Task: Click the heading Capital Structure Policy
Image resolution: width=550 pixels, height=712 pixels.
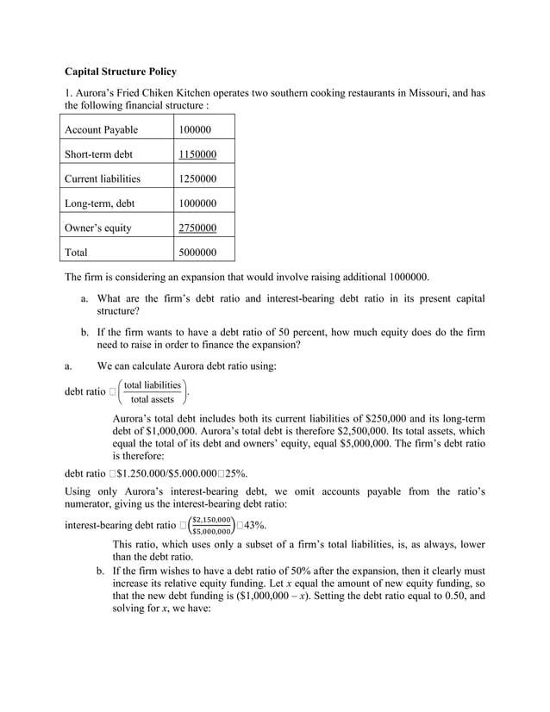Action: pos(121,71)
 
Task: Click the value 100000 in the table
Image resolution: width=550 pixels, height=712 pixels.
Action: pos(195,130)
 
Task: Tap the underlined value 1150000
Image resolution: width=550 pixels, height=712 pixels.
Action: pos(197,154)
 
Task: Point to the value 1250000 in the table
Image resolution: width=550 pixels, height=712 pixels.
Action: pos(197,179)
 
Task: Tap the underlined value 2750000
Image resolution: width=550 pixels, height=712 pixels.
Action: pos(197,228)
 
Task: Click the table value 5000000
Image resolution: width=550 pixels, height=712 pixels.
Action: pos(197,253)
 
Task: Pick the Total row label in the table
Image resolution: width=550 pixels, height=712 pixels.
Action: pos(77,253)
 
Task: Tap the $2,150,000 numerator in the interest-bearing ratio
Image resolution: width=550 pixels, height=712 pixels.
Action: pos(211,520)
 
